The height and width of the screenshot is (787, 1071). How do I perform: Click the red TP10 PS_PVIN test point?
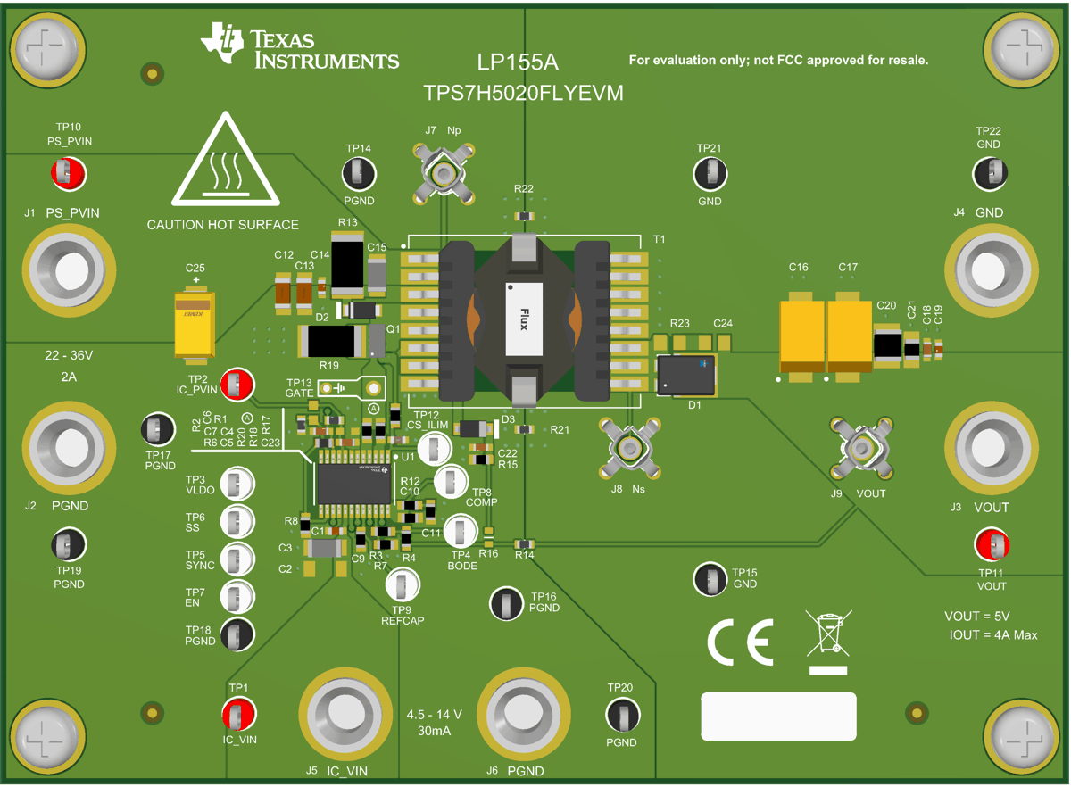pos(68,171)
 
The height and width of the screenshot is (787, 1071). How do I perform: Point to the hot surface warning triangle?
pos(222,162)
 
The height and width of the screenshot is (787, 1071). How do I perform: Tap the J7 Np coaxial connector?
pos(441,173)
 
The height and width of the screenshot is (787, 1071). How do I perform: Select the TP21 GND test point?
pos(711,173)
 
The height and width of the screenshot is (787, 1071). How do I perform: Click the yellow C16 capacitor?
pos(801,336)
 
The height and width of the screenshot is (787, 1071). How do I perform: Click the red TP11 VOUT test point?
pos(992,544)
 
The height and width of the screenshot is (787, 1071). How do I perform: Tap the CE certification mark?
pos(740,642)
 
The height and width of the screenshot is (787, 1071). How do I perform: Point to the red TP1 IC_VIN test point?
pos(239,713)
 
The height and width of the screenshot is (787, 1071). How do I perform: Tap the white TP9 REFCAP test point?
pos(403,586)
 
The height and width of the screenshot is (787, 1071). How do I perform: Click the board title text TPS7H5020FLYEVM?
pos(523,92)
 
